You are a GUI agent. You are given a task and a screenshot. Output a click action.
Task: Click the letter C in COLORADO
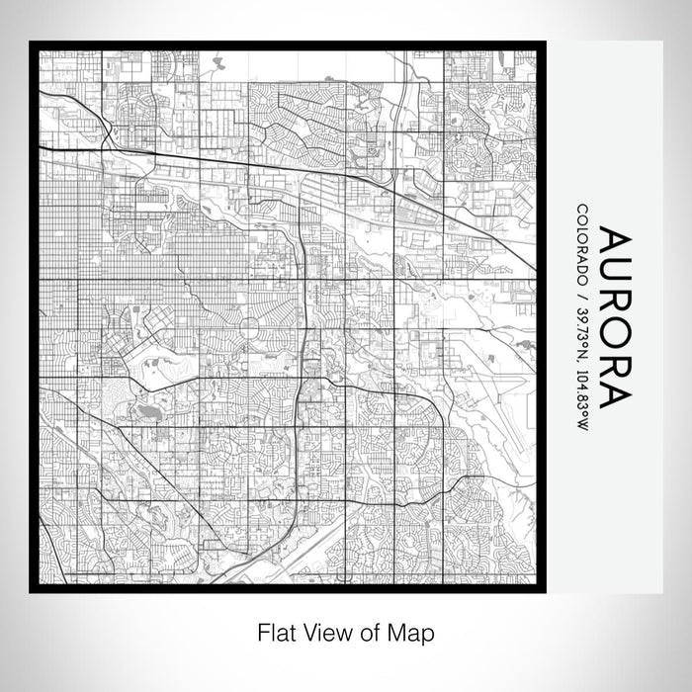(582, 210)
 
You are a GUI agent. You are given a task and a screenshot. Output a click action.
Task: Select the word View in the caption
(319, 631)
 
